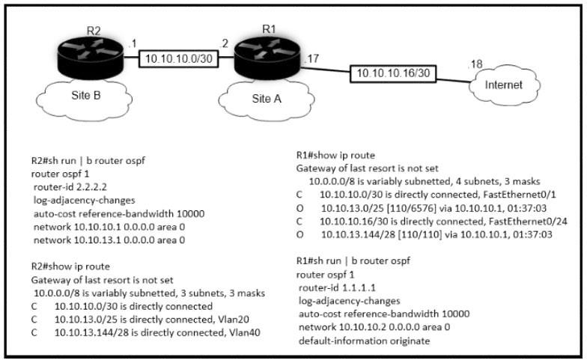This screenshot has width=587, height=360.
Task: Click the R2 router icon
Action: coord(90,58)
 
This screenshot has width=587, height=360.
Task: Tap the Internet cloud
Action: coord(503,85)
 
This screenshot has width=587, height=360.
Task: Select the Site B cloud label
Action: coord(86,96)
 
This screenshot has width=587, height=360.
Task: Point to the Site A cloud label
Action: coord(267,99)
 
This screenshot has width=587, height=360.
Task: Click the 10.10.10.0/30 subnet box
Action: coord(178,58)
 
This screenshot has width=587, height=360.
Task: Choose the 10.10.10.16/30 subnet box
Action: coord(393,73)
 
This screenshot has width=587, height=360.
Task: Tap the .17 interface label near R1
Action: coord(311,59)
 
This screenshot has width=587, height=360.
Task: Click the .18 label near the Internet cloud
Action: coord(475,64)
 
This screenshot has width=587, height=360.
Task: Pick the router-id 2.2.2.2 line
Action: coord(70,187)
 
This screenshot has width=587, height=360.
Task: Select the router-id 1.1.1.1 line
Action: coord(337,287)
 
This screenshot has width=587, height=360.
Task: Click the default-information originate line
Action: coord(364,341)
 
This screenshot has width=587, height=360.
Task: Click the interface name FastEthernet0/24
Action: coord(529,222)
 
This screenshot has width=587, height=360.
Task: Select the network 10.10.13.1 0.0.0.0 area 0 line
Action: coord(109,240)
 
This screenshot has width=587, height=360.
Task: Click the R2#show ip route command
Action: coord(70,266)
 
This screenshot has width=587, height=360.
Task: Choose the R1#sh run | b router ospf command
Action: coord(353,261)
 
